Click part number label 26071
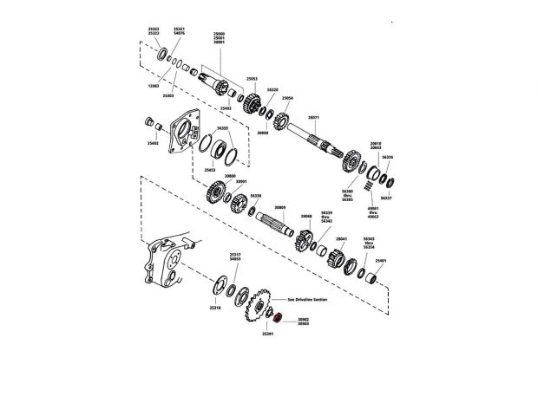pyautogui.click(x=313, y=117)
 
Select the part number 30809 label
pyautogui.click(x=279, y=208)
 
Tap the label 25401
pyautogui.click(x=379, y=260)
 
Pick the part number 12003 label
pyautogui.click(x=153, y=87)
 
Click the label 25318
pyautogui.click(x=215, y=308)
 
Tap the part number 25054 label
pyautogui.click(x=287, y=99)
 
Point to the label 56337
pyautogui.click(x=387, y=198)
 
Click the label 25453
pyautogui.click(x=209, y=170)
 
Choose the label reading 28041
pyautogui.click(x=341, y=238)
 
